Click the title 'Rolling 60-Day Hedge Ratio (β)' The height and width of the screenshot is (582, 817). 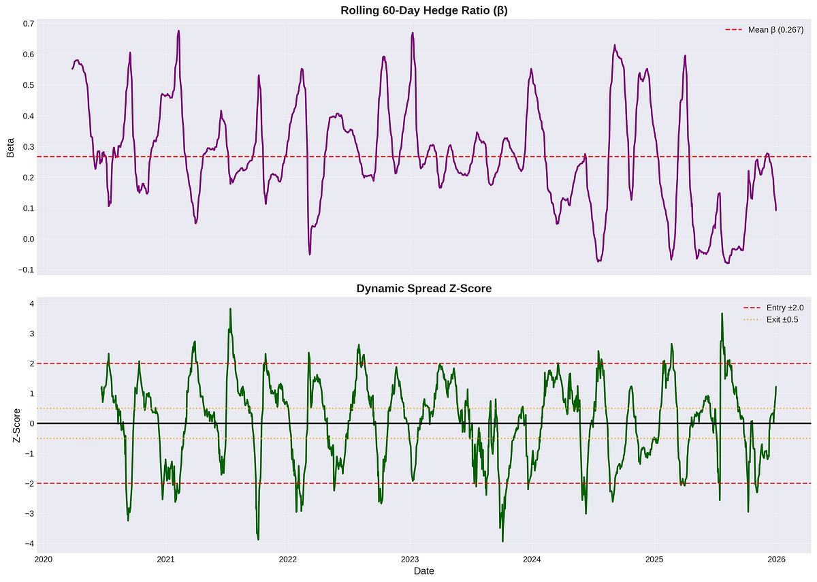[x=423, y=10]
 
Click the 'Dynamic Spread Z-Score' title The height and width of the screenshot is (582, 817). [x=423, y=289]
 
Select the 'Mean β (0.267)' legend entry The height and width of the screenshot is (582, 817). [x=765, y=30]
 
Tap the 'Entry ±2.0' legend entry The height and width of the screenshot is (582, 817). [x=773, y=308]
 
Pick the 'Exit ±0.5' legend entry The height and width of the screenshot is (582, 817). [x=771, y=320]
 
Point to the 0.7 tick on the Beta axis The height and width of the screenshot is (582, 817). [x=29, y=24]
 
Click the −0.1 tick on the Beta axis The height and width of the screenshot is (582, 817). [x=27, y=270]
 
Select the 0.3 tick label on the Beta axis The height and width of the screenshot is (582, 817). [x=29, y=146]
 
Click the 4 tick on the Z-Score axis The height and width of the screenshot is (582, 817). [x=32, y=304]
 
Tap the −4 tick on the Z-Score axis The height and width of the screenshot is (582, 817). [x=29, y=543]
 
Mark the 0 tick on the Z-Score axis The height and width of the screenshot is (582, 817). [x=32, y=423]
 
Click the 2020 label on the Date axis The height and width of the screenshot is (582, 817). [x=44, y=560]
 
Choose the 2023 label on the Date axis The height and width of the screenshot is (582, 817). [x=410, y=560]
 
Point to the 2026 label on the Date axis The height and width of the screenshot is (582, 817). [x=776, y=560]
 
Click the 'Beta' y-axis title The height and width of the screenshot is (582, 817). [x=10, y=147]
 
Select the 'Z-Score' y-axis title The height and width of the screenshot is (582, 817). [x=16, y=425]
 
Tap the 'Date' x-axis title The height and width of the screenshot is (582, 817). [x=423, y=571]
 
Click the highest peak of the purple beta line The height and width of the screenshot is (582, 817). [x=178, y=31]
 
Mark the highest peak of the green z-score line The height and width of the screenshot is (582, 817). [x=231, y=309]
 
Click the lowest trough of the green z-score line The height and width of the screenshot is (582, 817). [x=502, y=542]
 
